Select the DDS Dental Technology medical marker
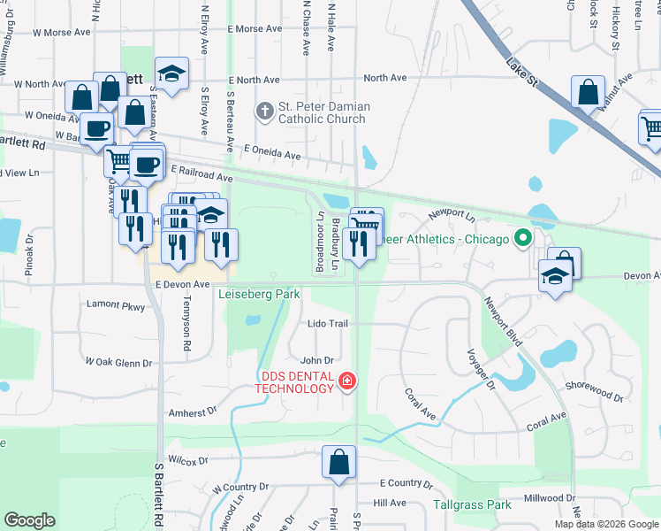tap(347, 381)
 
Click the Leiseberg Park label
tap(260, 294)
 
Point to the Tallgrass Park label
tap(473, 505)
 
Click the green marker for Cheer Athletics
tap(523, 238)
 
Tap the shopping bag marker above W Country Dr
tap(339, 462)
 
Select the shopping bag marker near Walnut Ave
tap(588, 92)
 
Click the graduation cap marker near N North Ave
tap(172, 73)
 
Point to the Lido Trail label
tap(328, 324)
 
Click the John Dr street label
tap(316, 360)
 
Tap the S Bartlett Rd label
tap(160, 492)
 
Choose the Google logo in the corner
tap(29, 520)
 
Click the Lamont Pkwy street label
tap(115, 305)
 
